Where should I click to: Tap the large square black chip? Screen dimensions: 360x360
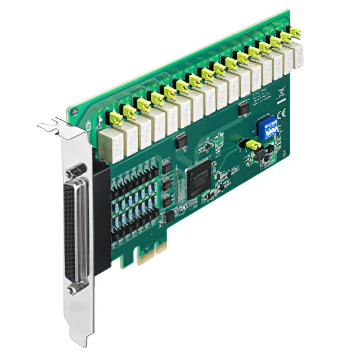(199, 178)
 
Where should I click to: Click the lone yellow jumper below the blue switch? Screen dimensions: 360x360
(253, 145)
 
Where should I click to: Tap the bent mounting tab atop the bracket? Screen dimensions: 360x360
(54, 124)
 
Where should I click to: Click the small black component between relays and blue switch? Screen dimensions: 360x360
(244, 109)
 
